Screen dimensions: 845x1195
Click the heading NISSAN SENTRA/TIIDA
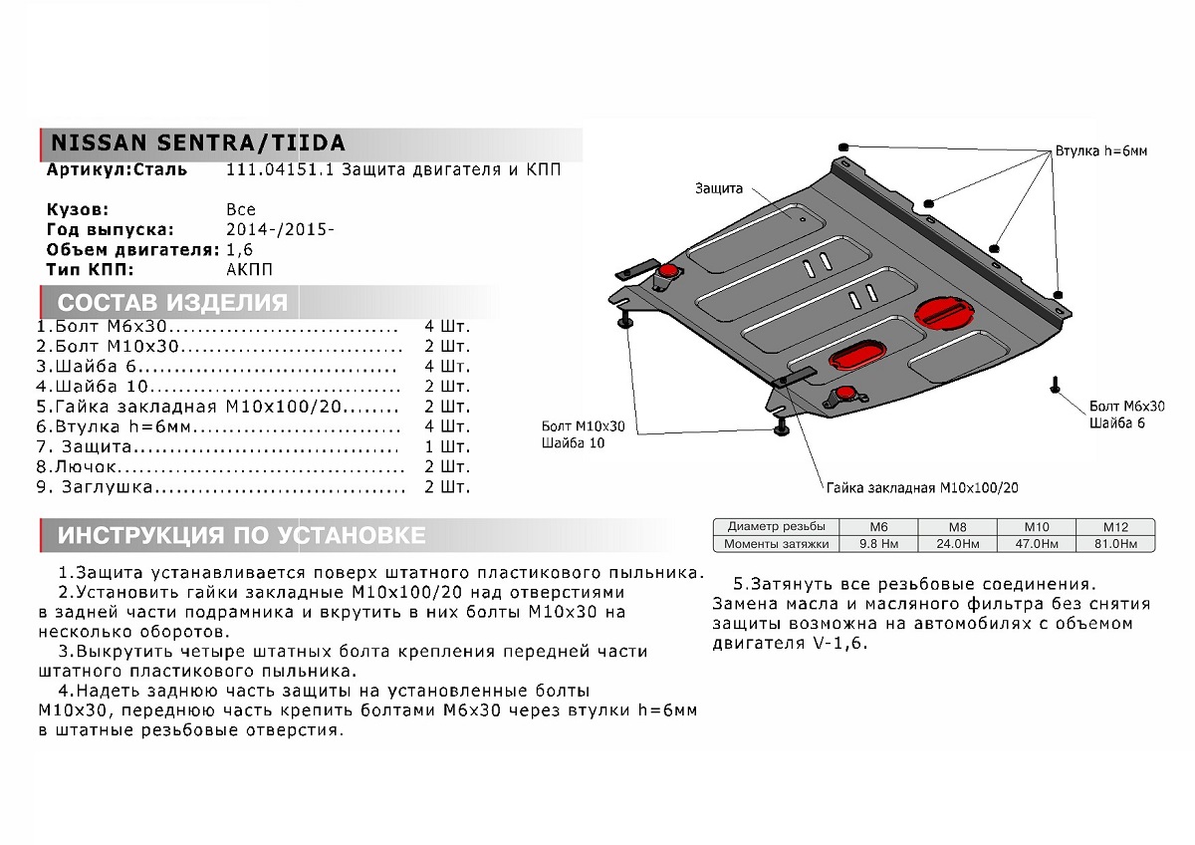point(197,141)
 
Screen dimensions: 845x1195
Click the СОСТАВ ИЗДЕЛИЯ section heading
point(172,303)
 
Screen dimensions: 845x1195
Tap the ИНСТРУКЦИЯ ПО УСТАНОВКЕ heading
point(241,535)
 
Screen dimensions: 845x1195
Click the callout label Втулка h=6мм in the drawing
point(1103,151)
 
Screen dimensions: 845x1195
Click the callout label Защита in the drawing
point(718,187)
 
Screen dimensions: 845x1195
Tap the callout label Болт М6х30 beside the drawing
point(1126,407)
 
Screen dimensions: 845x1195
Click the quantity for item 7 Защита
point(447,446)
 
